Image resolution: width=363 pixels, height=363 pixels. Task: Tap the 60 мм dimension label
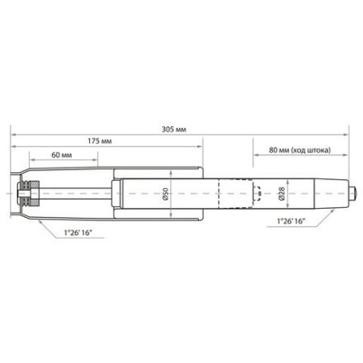pyautogui.click(x=61, y=155)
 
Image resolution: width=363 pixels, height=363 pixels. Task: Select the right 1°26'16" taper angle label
pyautogui.click(x=293, y=223)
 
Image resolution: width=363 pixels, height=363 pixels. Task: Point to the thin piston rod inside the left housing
pyautogui.click(x=74, y=196)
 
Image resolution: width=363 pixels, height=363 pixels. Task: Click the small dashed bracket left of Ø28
pyautogui.click(x=258, y=196)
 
